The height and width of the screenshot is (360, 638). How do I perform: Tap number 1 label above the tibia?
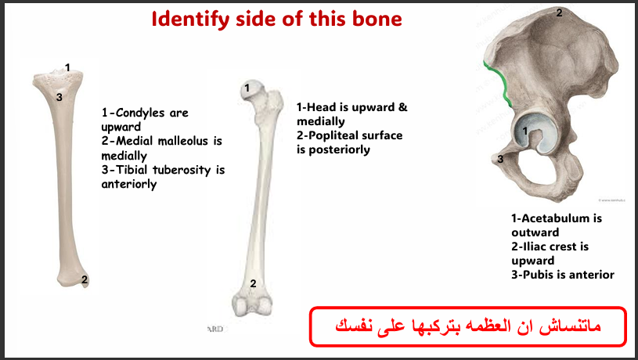pos(68,68)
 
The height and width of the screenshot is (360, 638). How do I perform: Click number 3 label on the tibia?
pos(59,96)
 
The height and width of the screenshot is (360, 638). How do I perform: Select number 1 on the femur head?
pos(247,89)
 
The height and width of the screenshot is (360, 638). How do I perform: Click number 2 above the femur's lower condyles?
pos(253,283)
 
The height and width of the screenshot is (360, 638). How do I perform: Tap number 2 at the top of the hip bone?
pos(558,12)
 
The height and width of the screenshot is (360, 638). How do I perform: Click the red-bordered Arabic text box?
pos(468,326)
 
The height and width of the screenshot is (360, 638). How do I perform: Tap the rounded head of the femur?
pos(251,91)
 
